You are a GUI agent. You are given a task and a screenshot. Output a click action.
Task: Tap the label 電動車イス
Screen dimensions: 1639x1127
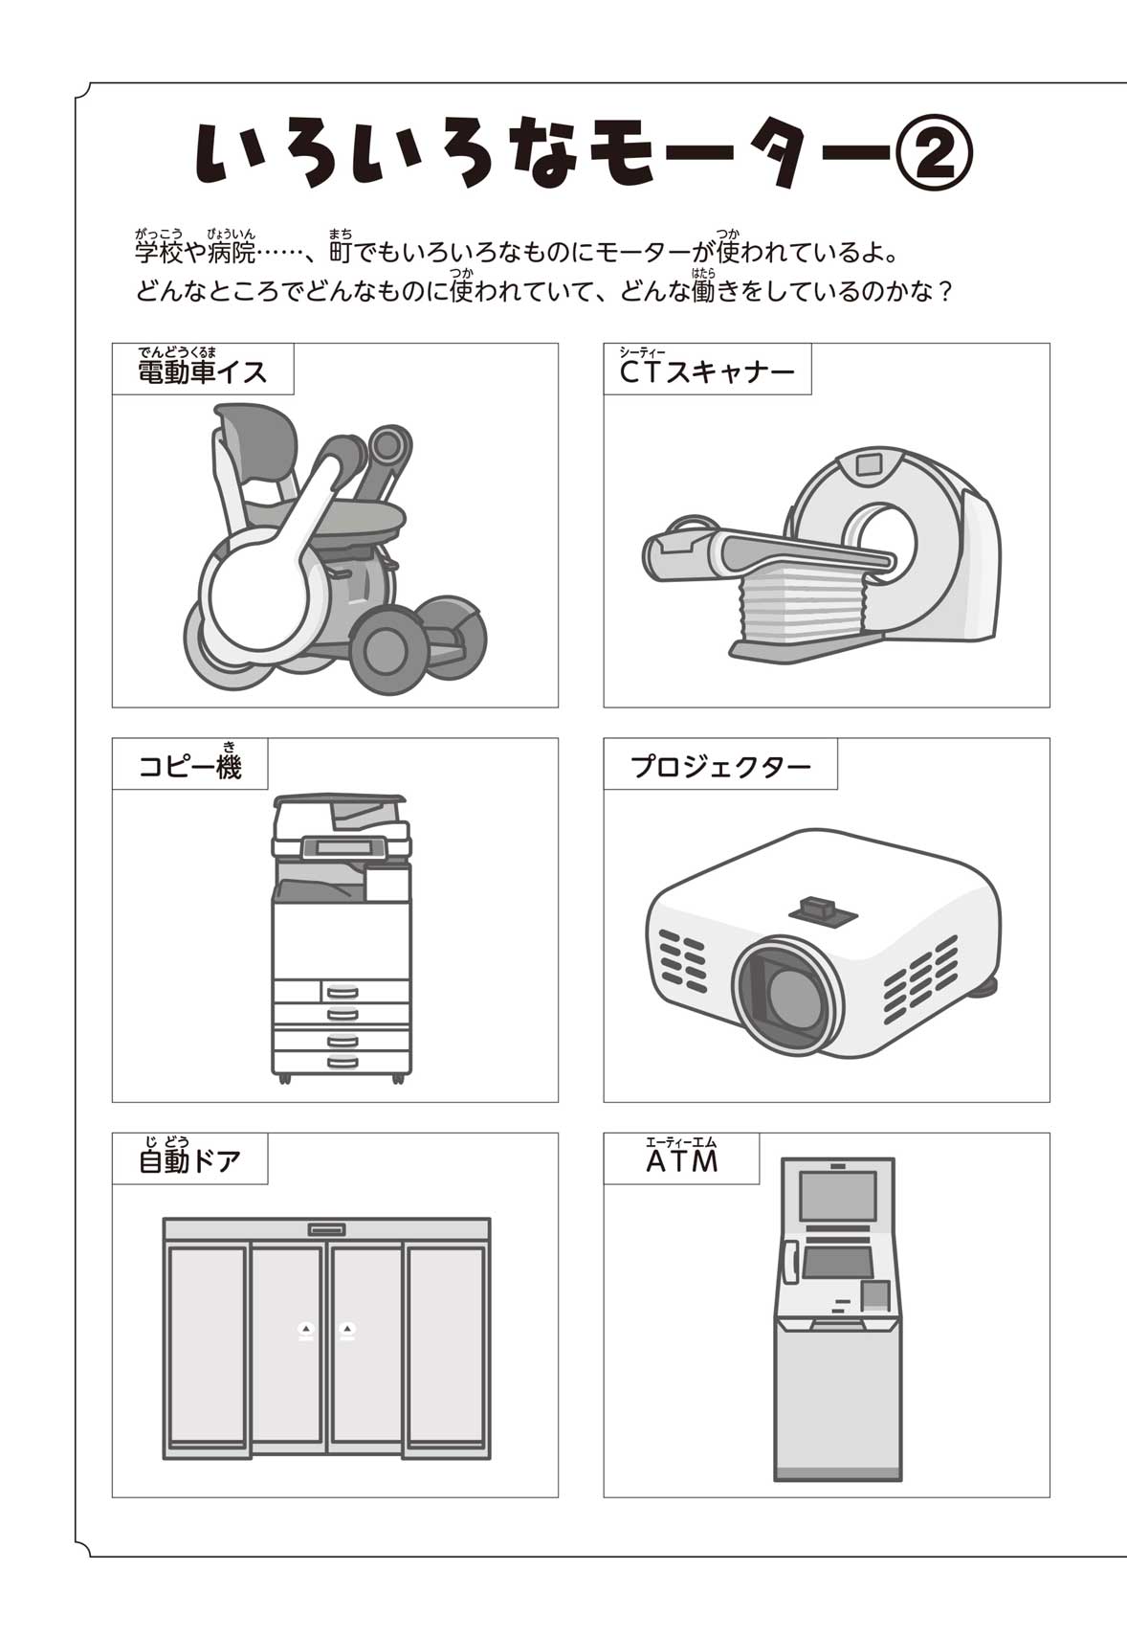coord(202,371)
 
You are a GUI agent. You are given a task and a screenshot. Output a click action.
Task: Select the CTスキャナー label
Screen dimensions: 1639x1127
coord(707,371)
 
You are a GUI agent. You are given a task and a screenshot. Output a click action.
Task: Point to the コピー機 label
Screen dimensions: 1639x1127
coord(190,767)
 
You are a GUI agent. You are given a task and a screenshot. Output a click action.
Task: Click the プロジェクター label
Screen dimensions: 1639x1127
coord(720,767)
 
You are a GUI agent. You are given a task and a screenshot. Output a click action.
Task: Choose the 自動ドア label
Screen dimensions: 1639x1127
coord(189,1161)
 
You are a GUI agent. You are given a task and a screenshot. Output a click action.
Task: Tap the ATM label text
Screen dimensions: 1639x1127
coord(682,1161)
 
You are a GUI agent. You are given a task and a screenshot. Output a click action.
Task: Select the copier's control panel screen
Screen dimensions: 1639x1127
coord(342,847)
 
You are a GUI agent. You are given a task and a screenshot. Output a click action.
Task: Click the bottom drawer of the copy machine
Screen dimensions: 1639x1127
coord(342,1062)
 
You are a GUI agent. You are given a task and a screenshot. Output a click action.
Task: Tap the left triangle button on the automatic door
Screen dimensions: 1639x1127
coord(305,1328)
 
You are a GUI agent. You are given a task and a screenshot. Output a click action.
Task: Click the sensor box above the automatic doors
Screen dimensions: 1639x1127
coord(326,1229)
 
